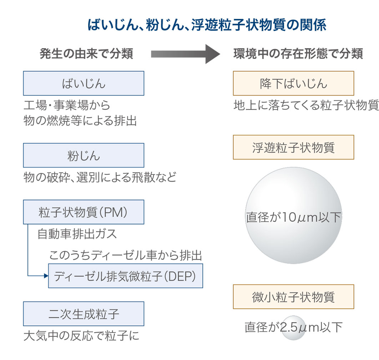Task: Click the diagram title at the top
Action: pos(207,25)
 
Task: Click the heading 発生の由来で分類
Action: pos(86,54)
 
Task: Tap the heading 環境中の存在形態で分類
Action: pos(298,54)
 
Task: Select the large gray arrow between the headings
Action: pos(186,54)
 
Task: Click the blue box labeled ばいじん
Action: pos(84,83)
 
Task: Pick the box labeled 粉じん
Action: pos(84,155)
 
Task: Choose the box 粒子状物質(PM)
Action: pos(84,212)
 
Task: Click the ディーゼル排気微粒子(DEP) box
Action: pos(126,276)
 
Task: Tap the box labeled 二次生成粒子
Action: pos(84,314)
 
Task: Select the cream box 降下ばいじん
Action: pos(293,83)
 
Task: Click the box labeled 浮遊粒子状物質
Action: pos(293,147)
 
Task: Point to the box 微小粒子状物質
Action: pos(293,296)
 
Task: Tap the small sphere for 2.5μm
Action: pos(293,328)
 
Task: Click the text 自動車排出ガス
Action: pos(77,234)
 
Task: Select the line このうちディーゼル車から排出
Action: pos(126,255)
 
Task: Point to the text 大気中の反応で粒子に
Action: pos(81,336)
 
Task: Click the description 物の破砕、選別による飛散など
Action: pos(100,177)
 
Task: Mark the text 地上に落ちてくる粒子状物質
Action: pos(306,105)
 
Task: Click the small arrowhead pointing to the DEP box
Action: pos(45,276)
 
